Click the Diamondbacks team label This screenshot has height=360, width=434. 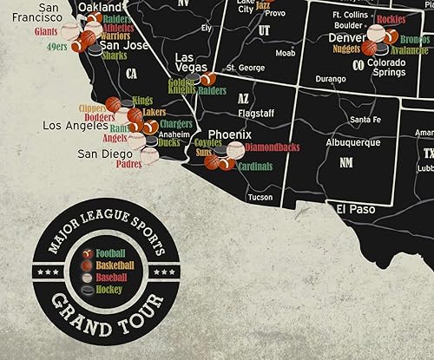click(272, 147)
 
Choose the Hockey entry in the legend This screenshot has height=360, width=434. click(108, 288)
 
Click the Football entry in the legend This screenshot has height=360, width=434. click(110, 252)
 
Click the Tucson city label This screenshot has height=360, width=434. click(260, 197)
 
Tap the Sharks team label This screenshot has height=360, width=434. click(114, 56)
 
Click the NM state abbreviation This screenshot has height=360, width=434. click(346, 162)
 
